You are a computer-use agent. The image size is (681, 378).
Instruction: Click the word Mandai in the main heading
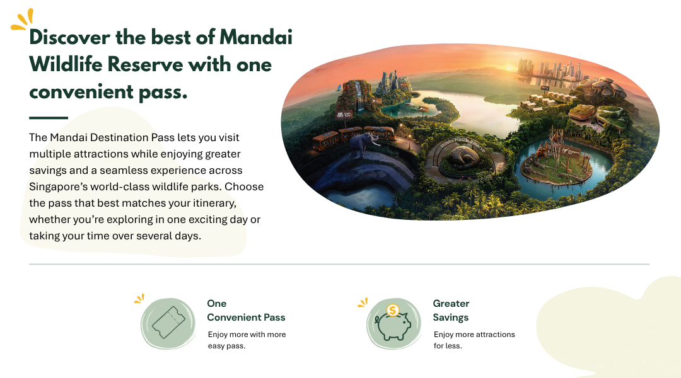pos(256,37)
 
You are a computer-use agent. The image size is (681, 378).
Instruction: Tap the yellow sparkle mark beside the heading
pos(22,20)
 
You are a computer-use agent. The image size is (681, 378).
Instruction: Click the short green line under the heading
pos(49,118)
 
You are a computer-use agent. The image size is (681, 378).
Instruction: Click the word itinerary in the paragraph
pos(214,203)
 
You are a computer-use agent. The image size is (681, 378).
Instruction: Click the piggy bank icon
pos(393,326)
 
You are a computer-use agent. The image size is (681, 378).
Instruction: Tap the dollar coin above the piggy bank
pos(393,311)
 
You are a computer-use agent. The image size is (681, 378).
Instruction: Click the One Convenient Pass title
pos(246,311)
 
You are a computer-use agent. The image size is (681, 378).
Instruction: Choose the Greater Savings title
pos(451,311)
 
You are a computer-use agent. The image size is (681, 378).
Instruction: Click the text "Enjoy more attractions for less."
pos(474,340)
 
